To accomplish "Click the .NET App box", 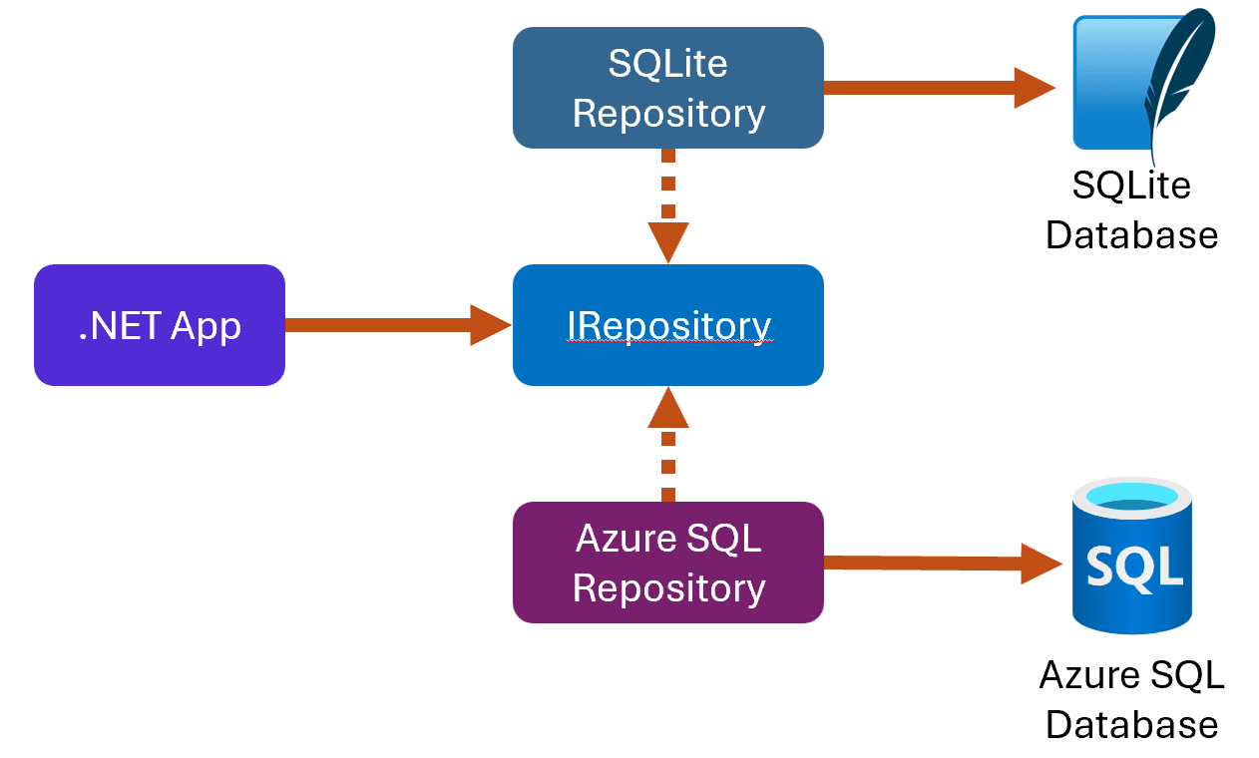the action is tap(160, 325).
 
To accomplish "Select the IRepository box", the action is tap(668, 325).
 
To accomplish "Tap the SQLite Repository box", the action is tap(668, 88).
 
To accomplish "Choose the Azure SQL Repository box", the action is tap(668, 563).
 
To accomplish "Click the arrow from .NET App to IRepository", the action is tap(398, 325).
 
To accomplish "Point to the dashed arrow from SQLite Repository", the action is tap(668, 206).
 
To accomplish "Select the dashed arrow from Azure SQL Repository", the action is tap(668, 444).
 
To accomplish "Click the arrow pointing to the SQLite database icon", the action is tap(940, 88).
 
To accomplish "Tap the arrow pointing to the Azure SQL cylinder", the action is tap(943, 564).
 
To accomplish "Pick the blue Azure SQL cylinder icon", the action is tap(1132, 556).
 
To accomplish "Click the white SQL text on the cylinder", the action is tap(1134, 568).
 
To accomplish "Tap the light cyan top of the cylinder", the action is tap(1132, 497).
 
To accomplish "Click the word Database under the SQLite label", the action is tap(1132, 234).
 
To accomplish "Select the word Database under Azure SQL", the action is tap(1132, 725).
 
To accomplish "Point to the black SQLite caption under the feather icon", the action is tap(1131, 186).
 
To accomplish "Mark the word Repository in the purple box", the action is tap(668, 588).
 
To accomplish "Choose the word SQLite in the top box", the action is tap(667, 63).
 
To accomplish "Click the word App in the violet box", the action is tap(206, 327).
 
